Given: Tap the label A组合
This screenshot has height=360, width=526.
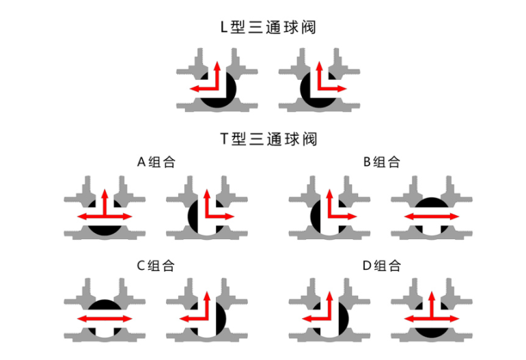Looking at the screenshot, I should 156,162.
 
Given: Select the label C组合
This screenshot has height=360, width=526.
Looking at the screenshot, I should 156,265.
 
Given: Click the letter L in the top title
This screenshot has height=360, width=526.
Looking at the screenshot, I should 223,28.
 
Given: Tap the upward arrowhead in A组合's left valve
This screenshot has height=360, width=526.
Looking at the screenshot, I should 105,193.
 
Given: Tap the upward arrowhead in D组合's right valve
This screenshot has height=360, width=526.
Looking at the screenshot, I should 431,296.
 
